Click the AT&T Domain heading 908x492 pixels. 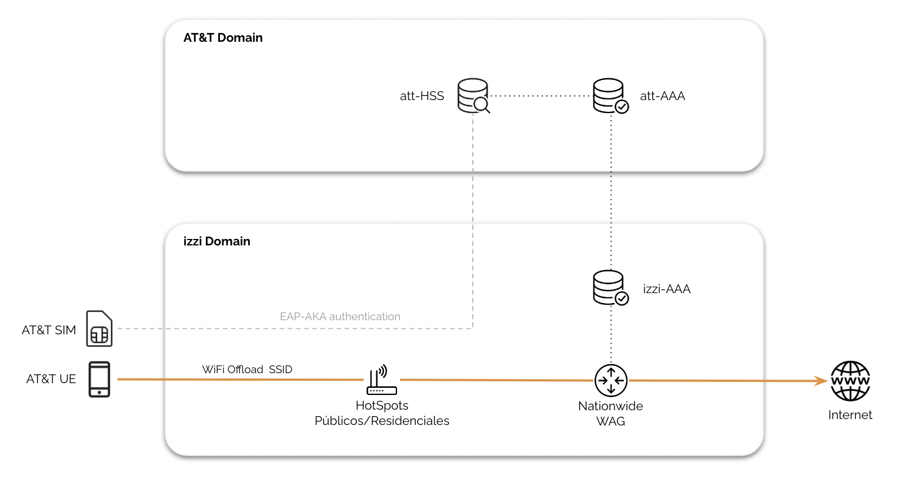tap(223, 38)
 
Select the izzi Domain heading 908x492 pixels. tap(216, 241)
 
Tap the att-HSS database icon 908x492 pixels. tap(473, 95)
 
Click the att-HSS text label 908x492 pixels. tap(422, 96)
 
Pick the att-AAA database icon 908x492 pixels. tap(610, 95)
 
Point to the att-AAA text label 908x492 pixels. tap(662, 96)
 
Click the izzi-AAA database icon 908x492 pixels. tap(610, 287)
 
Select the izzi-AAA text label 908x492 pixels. tap(666, 289)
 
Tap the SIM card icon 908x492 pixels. tap(99, 328)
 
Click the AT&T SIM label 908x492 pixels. tap(49, 330)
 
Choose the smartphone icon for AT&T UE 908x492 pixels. tap(99, 379)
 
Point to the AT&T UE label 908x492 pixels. tap(51, 379)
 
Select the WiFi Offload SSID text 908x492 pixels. tap(247, 370)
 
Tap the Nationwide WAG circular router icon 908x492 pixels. tap(610, 380)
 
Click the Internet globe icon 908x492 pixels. tap(850, 381)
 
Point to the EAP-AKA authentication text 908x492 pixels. tap(340, 317)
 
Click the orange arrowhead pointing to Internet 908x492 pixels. tap(822, 381)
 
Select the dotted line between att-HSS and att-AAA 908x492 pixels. tap(540, 95)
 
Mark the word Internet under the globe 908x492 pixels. tap(850, 415)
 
